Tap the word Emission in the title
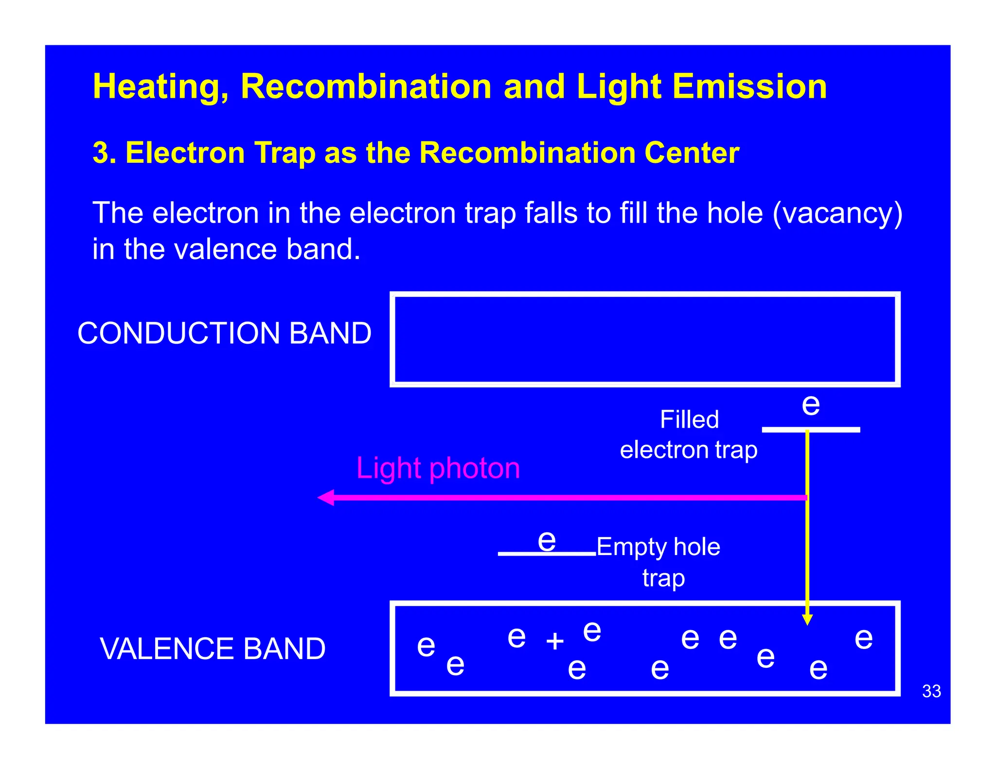(x=749, y=87)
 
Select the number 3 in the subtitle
(x=100, y=153)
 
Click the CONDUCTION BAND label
(x=224, y=333)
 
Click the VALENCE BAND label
(x=213, y=648)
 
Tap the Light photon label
(x=438, y=468)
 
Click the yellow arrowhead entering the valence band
(x=807, y=619)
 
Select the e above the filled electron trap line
(x=811, y=405)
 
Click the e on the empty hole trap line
(x=547, y=541)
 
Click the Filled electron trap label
(x=689, y=435)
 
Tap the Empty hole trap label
(x=658, y=562)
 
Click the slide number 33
(x=931, y=691)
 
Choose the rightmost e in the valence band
(x=864, y=638)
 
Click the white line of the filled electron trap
(x=836, y=430)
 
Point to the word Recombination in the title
(x=366, y=87)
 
